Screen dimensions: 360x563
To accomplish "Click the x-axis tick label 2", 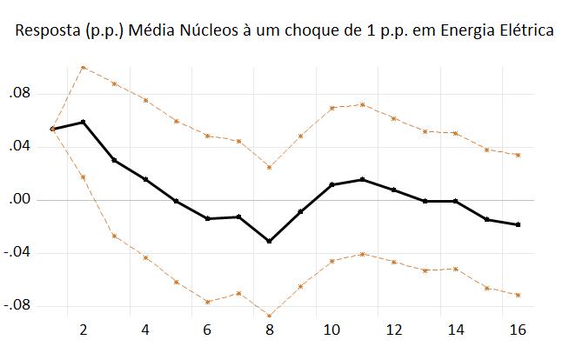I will pyautogui.click(x=84, y=330).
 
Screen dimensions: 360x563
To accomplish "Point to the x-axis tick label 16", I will pyautogui.click(x=517, y=330).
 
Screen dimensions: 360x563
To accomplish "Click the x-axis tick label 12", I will pyautogui.click(x=393, y=330).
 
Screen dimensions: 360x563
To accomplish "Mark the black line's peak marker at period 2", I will pyautogui.click(x=84, y=122).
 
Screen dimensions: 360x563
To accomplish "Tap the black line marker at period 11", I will pyautogui.click(x=362, y=179).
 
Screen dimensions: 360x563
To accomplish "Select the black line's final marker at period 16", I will pyautogui.click(x=518, y=224).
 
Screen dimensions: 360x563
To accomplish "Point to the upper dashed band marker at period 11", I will pyautogui.click(x=362, y=104).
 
